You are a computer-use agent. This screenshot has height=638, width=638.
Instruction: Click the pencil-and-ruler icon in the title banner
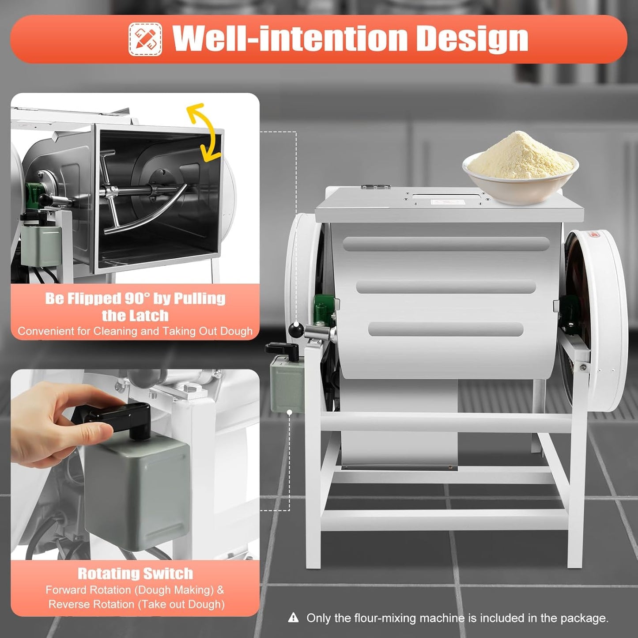[x=145, y=39]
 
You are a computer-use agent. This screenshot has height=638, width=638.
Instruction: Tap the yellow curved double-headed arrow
[x=204, y=132]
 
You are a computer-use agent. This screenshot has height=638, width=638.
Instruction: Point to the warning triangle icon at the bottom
[x=293, y=618]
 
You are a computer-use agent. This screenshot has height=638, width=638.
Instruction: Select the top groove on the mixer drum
[x=446, y=244]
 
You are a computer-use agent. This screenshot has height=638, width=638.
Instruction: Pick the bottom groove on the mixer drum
[x=446, y=329]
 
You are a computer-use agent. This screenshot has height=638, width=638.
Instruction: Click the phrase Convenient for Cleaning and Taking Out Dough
[x=135, y=331]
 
